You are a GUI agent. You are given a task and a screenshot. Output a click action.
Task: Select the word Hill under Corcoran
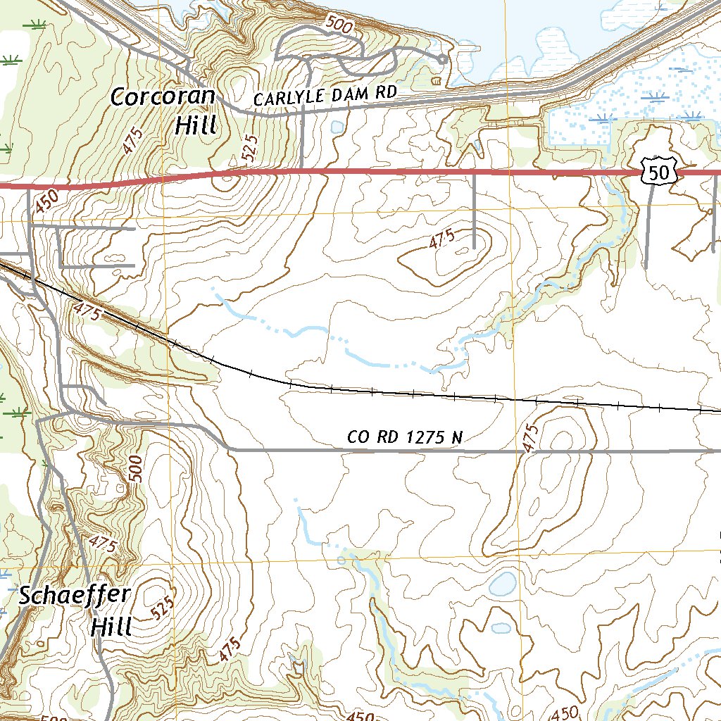tap(195, 125)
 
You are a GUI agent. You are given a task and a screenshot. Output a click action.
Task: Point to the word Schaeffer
tap(74, 595)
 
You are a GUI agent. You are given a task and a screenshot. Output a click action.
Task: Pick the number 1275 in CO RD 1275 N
tap(426, 437)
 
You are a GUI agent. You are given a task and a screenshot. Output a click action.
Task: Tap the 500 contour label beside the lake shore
tap(339, 25)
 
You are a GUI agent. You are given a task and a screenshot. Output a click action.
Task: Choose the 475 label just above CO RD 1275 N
tap(531, 437)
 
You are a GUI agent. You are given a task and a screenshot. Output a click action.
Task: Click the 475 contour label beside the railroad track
tap(87, 311)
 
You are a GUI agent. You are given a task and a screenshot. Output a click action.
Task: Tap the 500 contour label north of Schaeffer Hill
tap(136, 468)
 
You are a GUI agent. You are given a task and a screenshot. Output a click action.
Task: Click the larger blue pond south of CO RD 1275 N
tap(503, 583)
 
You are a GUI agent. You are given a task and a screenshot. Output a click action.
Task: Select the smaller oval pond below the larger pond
tap(500, 627)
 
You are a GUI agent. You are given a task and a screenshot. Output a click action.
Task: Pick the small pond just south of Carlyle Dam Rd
tap(337, 127)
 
